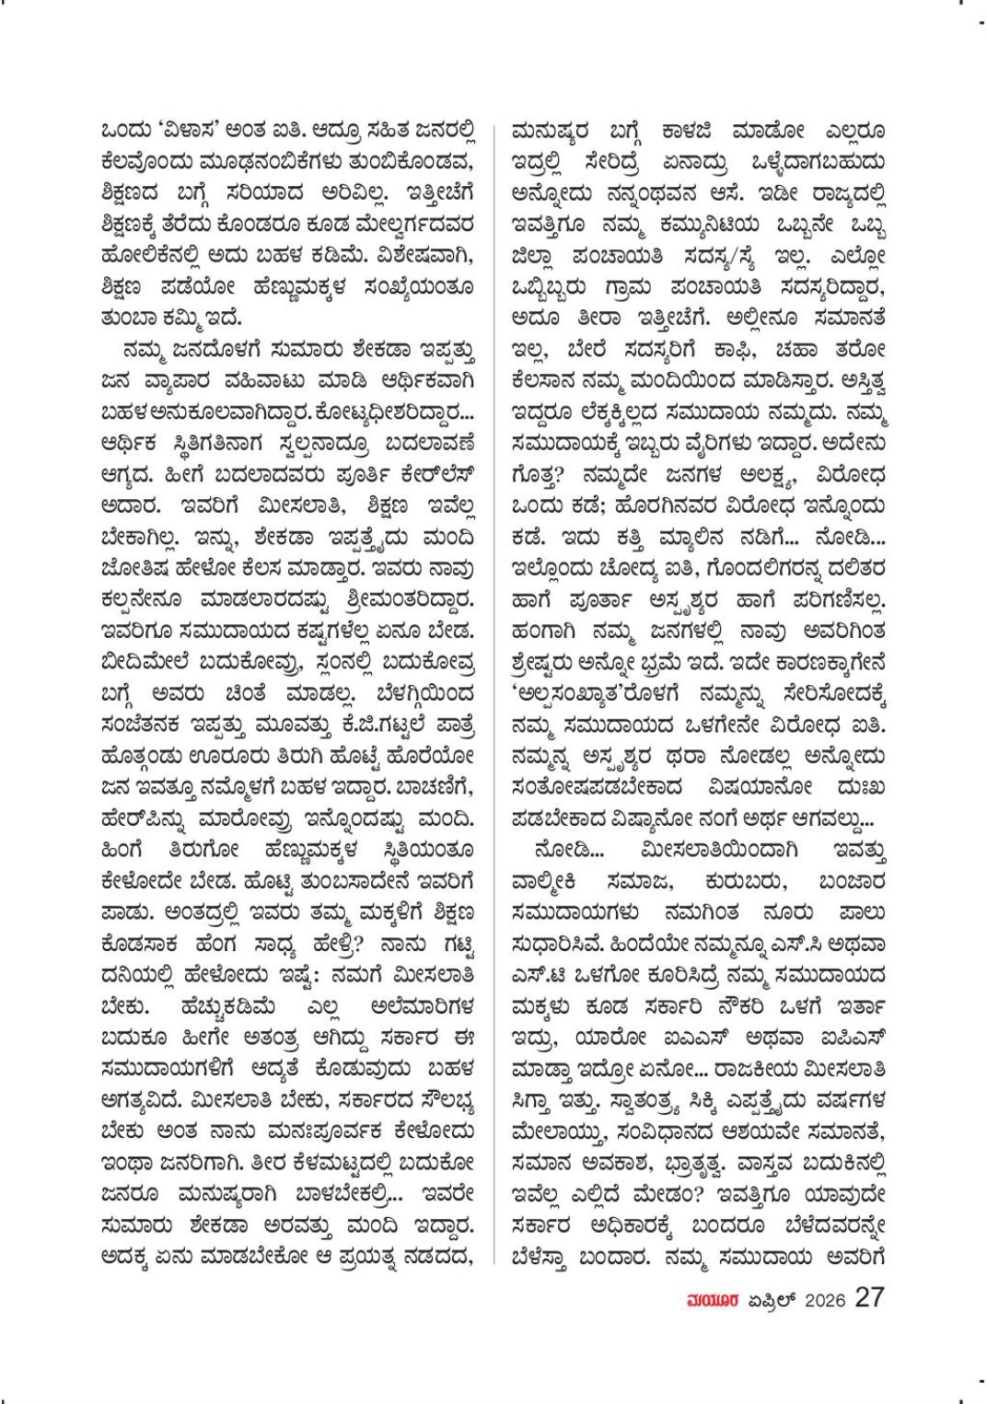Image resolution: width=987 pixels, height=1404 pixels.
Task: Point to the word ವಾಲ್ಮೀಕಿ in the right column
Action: [544, 882]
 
